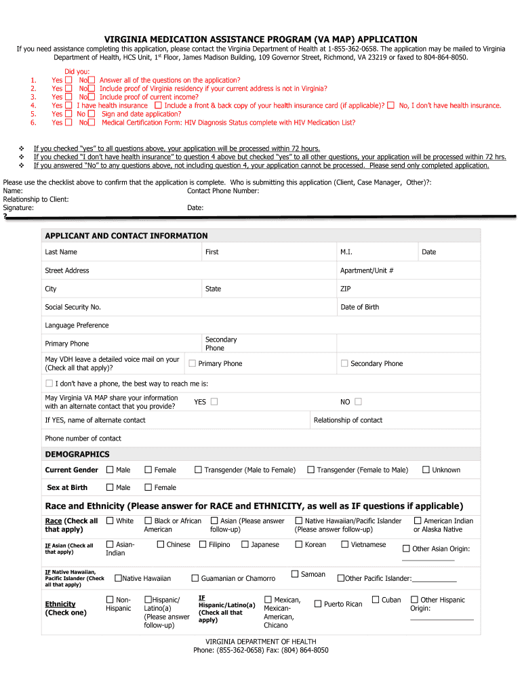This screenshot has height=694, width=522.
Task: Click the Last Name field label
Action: [61, 252]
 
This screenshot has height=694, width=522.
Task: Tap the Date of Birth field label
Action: [359, 307]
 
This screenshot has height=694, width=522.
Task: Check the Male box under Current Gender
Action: [110, 470]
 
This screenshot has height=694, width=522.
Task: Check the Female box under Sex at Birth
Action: [148, 487]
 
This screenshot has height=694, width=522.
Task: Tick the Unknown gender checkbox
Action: [426, 470]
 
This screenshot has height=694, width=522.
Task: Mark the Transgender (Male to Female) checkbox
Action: [198, 470]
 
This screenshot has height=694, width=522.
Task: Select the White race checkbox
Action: [110, 520]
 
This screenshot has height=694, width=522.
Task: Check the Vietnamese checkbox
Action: [344, 544]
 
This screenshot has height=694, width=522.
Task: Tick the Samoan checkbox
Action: [295, 574]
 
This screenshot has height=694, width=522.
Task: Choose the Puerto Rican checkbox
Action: [317, 604]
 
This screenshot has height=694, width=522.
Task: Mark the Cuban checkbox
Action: [376, 600]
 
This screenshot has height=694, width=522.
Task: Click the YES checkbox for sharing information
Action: [214, 401]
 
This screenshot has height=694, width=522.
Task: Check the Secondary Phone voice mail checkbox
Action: [344, 363]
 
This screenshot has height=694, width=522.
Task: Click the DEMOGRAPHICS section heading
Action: [77, 454]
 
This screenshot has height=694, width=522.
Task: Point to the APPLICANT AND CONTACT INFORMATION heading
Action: [126, 236]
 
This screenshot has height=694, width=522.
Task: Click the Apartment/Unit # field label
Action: [366, 270]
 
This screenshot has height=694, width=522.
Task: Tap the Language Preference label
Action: [77, 325]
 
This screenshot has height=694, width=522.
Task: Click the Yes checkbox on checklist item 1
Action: [68, 80]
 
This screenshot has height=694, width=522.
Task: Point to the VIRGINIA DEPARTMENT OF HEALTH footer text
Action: [261, 642]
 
